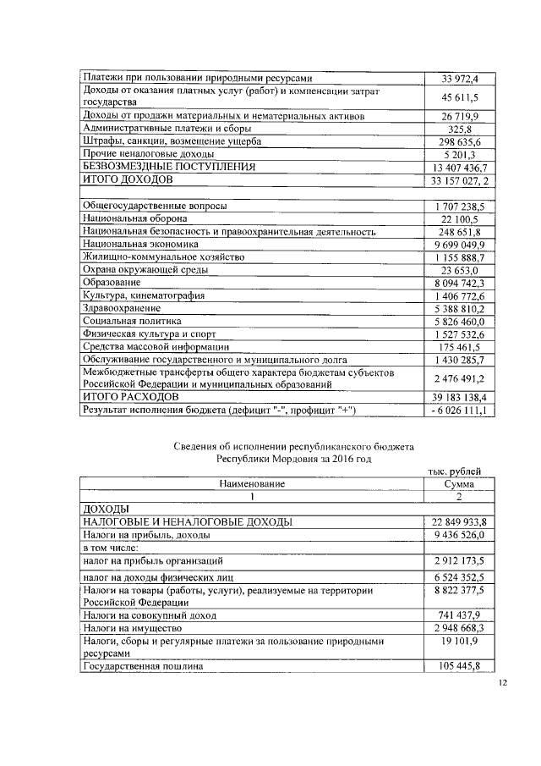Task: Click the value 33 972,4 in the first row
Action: (460, 79)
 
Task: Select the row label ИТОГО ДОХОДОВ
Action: (127, 180)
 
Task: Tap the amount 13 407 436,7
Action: (460, 168)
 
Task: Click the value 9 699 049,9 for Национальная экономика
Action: (460, 244)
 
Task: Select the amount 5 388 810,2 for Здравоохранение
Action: (460, 308)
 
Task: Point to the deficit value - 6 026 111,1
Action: (460, 411)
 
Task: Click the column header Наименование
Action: (252, 483)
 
